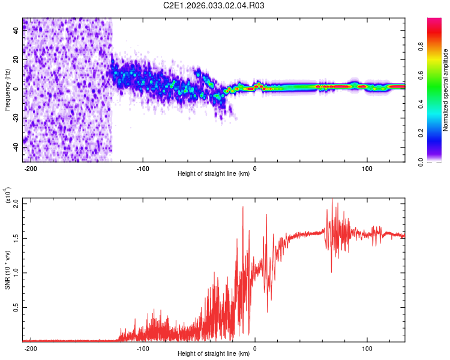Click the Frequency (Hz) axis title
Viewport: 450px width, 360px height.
7,90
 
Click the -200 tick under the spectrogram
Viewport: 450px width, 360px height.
31,168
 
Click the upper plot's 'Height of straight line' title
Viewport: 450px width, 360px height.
214,174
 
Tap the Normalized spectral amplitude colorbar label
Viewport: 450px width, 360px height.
445,90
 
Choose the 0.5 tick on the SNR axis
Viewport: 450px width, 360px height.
16,307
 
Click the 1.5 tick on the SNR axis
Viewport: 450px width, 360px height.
16,238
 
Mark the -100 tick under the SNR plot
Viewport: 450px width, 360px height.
143,348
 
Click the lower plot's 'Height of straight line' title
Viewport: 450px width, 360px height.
214,354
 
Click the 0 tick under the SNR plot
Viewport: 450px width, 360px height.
255,348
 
